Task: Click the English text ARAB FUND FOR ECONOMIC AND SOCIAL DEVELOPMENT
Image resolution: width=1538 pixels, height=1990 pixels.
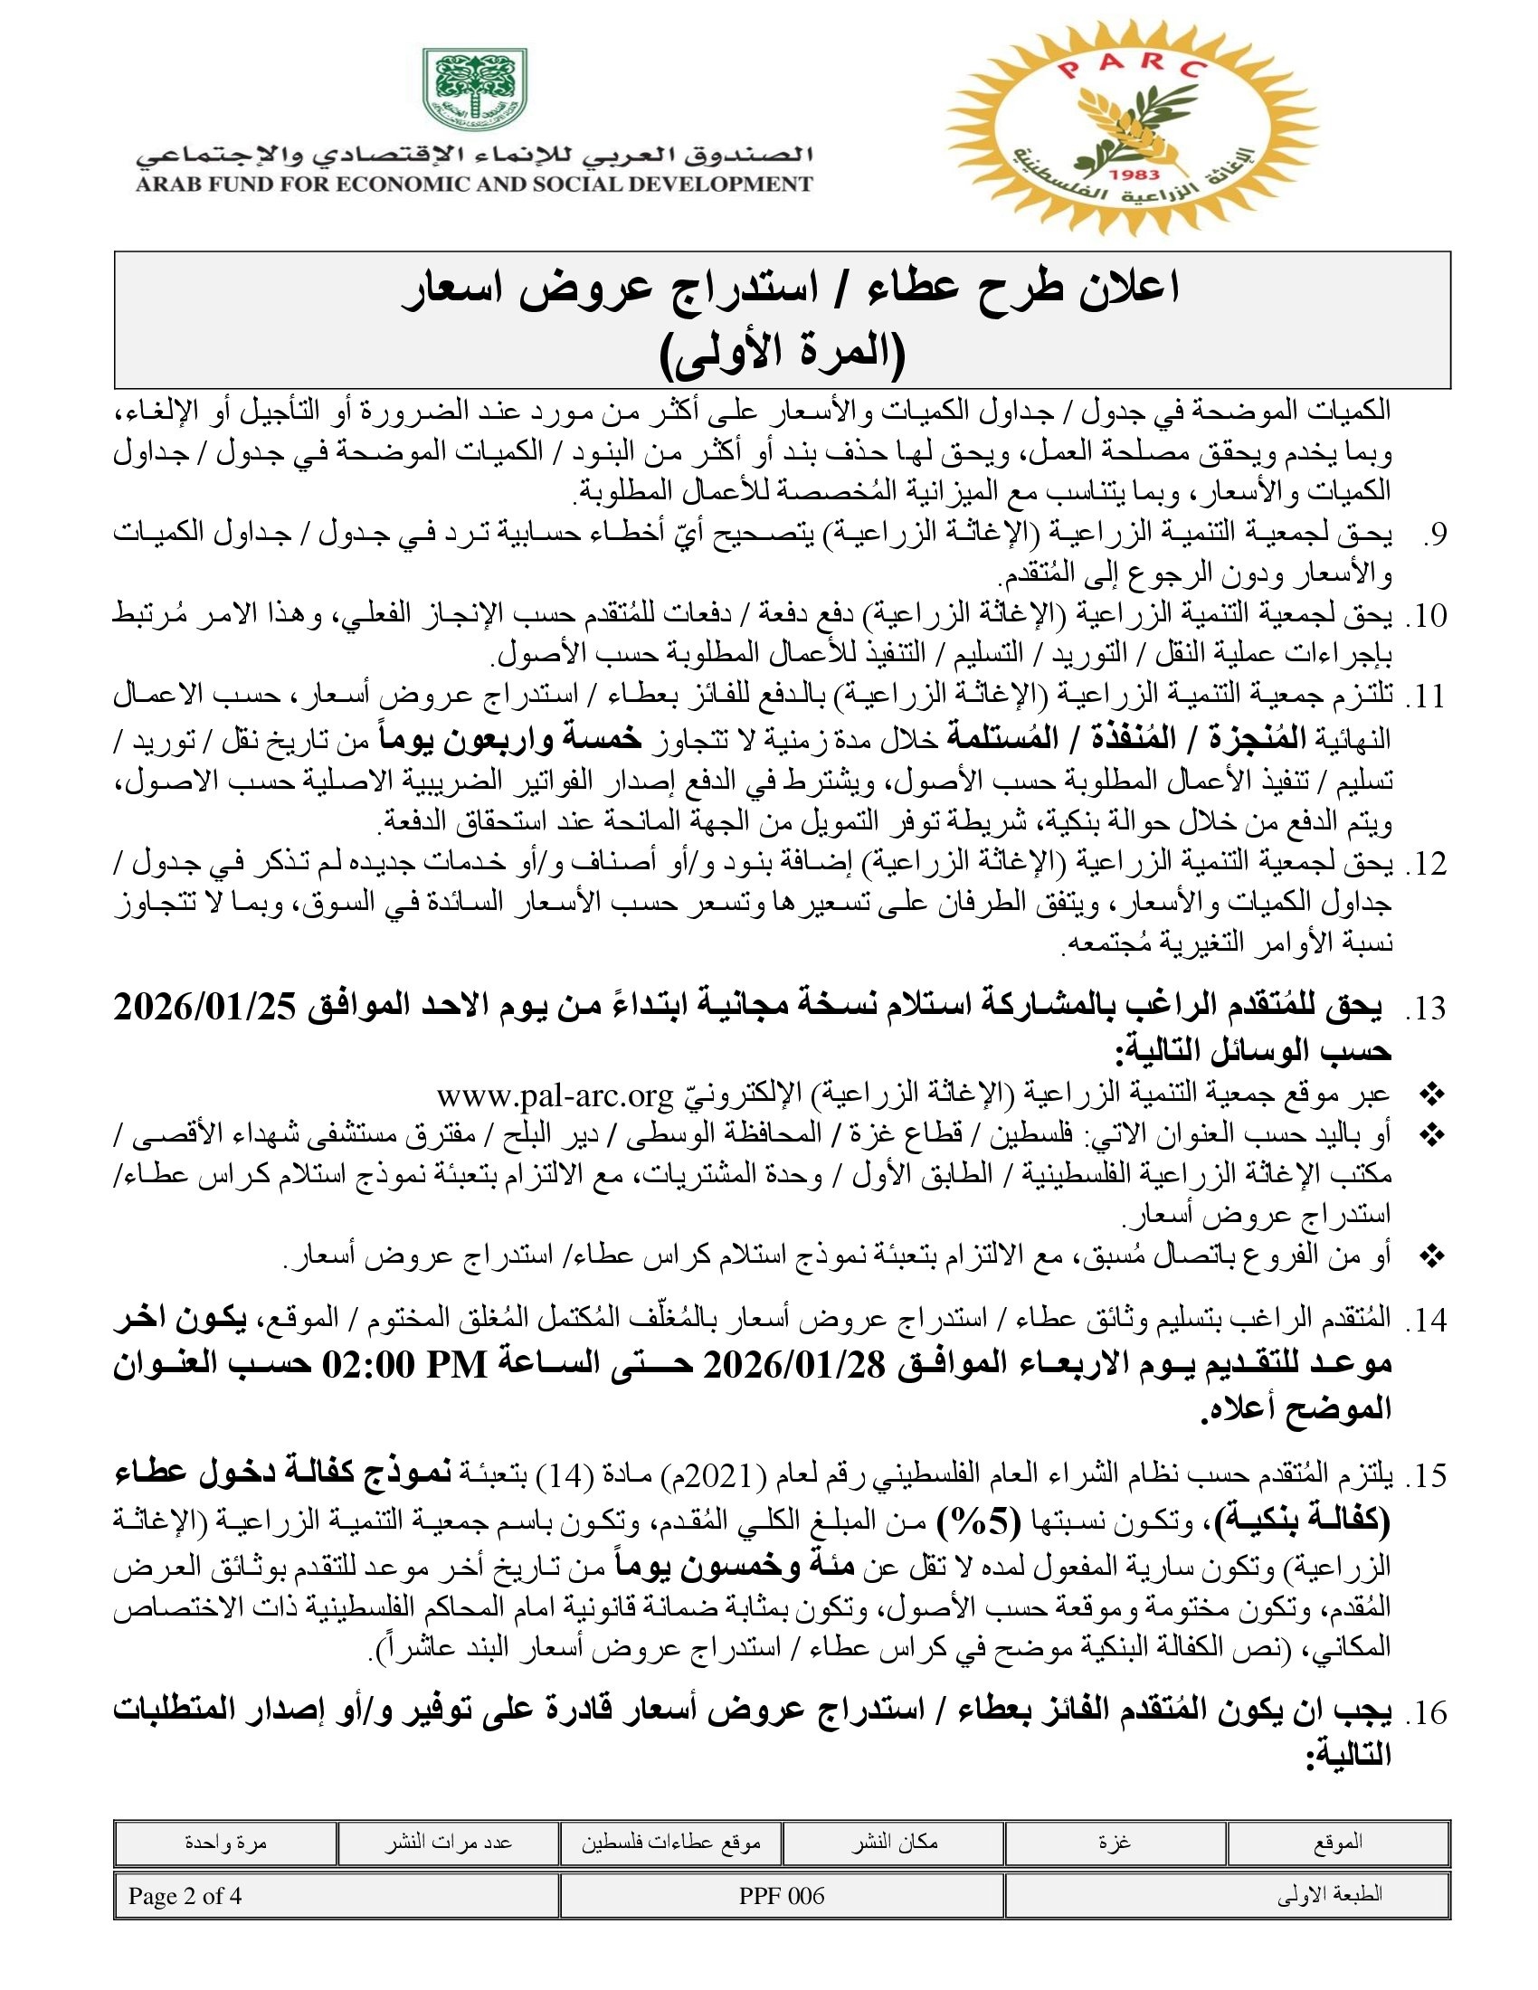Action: [474, 184]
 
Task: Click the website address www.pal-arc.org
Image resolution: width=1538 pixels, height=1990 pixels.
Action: [554, 1094]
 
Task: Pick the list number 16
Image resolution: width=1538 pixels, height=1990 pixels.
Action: [1426, 1713]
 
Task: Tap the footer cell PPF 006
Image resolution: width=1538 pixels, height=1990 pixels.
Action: [782, 1895]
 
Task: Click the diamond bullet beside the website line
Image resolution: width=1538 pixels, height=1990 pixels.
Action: [1433, 1094]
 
